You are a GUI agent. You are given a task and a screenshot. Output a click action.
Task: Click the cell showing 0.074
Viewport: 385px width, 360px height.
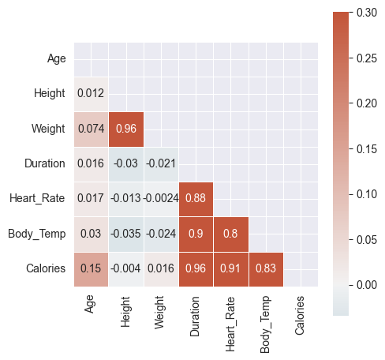tap(91, 129)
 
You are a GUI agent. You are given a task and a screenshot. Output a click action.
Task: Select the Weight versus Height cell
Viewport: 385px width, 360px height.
tap(126, 129)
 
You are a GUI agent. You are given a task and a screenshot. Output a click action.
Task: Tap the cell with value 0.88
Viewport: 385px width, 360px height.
tap(196, 199)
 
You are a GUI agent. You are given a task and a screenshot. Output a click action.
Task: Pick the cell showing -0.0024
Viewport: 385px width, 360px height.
tap(161, 199)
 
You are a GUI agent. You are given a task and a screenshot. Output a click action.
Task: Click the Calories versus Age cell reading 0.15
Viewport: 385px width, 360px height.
tap(91, 269)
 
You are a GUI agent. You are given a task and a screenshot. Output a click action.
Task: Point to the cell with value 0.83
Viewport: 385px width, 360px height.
tap(266, 269)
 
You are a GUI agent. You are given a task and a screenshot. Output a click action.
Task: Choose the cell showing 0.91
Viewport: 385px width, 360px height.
tap(231, 269)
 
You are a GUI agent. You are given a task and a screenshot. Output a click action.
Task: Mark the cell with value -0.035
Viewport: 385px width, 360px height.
tap(126, 234)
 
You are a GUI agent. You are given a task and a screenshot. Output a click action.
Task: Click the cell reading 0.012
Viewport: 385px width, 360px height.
tap(91, 94)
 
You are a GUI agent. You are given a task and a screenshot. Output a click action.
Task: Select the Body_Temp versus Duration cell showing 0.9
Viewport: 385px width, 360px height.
tap(196, 234)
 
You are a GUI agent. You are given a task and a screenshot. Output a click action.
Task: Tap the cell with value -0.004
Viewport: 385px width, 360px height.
tap(126, 269)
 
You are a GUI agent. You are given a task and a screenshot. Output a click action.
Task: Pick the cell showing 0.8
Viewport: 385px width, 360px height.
tap(231, 234)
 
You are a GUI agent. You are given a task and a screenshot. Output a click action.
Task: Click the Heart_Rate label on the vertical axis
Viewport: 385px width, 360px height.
tap(37, 199)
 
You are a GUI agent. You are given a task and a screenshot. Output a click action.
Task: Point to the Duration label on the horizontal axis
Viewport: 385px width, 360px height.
tap(195, 317)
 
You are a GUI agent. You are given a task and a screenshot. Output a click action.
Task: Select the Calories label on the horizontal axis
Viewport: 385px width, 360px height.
tap(300, 316)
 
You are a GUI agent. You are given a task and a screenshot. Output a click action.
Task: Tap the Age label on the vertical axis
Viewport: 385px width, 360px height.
tap(57, 59)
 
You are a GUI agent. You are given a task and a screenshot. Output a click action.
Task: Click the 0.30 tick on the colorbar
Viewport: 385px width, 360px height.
tap(367, 13)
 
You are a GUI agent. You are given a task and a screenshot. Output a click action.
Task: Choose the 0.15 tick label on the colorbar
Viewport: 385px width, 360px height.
tap(367, 149)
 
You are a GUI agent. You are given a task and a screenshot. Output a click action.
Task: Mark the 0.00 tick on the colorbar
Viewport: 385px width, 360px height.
tap(367, 285)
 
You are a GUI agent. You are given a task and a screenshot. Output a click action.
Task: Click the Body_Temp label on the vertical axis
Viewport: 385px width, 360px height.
tap(37, 234)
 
